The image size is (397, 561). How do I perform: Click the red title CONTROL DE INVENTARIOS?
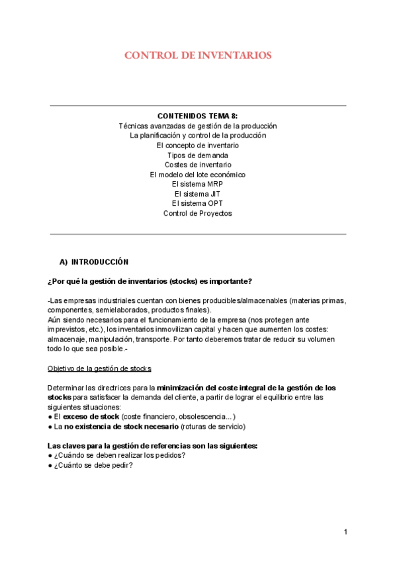198,56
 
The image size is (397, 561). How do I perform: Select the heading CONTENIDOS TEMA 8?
198,116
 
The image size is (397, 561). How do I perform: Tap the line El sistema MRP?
198,184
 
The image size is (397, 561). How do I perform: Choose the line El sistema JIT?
198,194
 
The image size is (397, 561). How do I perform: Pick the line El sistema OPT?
198,204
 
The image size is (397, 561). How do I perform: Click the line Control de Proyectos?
198,214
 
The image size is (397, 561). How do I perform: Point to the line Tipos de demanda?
198,155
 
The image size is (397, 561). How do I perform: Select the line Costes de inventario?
198,165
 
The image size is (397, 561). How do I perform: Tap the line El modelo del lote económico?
198,175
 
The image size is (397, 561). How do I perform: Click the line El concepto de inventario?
198,145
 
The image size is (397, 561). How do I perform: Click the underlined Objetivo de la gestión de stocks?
99,368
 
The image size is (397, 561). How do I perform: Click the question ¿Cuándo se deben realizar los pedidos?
119,455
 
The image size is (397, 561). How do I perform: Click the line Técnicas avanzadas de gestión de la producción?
198,126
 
